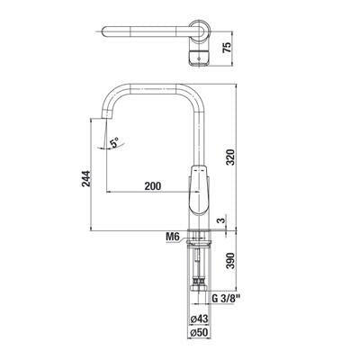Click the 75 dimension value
(x=228, y=48)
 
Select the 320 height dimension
(x=230, y=157)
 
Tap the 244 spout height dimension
(x=85, y=178)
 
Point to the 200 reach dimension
(x=153, y=186)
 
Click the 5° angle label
(x=114, y=142)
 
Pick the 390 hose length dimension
(x=230, y=261)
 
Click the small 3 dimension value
(x=221, y=220)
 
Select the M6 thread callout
(x=172, y=237)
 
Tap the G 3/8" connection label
(x=227, y=299)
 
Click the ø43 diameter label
(x=199, y=319)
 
